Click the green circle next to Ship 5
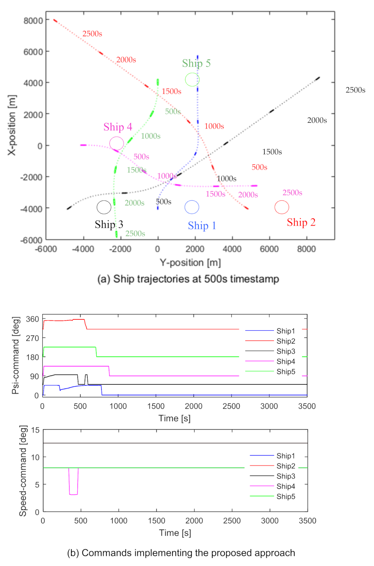(192, 80)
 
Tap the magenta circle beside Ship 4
(117, 144)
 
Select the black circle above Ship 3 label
(104, 207)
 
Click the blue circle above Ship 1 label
(192, 207)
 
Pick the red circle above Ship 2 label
(282, 207)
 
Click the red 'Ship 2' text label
(301, 222)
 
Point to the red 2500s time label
(92, 34)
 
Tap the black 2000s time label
(317, 120)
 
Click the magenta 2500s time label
(292, 193)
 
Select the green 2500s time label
(135, 233)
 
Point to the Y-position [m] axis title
(190, 263)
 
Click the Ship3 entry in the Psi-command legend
(285, 351)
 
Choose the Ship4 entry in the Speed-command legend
(285, 487)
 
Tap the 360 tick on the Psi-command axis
(32, 319)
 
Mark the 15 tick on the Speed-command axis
(36, 430)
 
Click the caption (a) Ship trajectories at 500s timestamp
(188, 279)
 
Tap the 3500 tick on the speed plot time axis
(307, 521)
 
